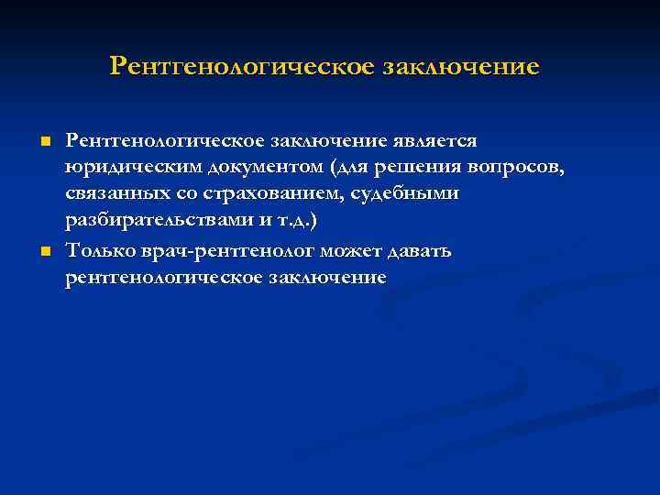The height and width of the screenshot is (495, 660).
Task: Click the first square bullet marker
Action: (42, 141)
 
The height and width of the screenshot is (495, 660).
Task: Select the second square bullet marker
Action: (42, 251)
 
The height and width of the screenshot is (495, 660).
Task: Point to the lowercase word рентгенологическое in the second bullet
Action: (161, 278)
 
